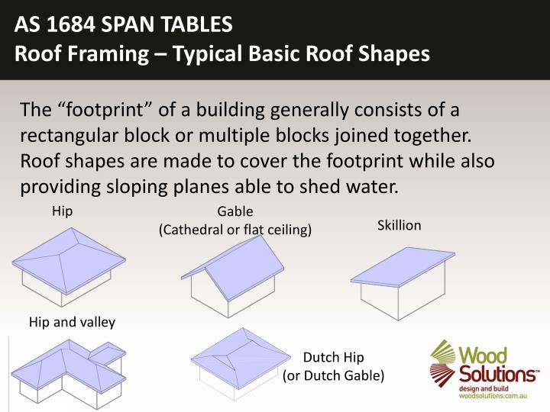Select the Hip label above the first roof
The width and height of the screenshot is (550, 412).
coord(62,211)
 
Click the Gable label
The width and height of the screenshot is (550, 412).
coord(235,212)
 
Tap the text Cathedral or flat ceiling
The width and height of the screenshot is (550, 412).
coord(235,230)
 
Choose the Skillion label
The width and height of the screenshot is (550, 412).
coord(399,226)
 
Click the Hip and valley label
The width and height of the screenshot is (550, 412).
coord(72,321)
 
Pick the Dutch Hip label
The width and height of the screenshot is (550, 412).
coord(334,358)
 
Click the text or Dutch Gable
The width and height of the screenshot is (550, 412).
coord(334,375)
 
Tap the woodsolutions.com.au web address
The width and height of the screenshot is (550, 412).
coord(488,396)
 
